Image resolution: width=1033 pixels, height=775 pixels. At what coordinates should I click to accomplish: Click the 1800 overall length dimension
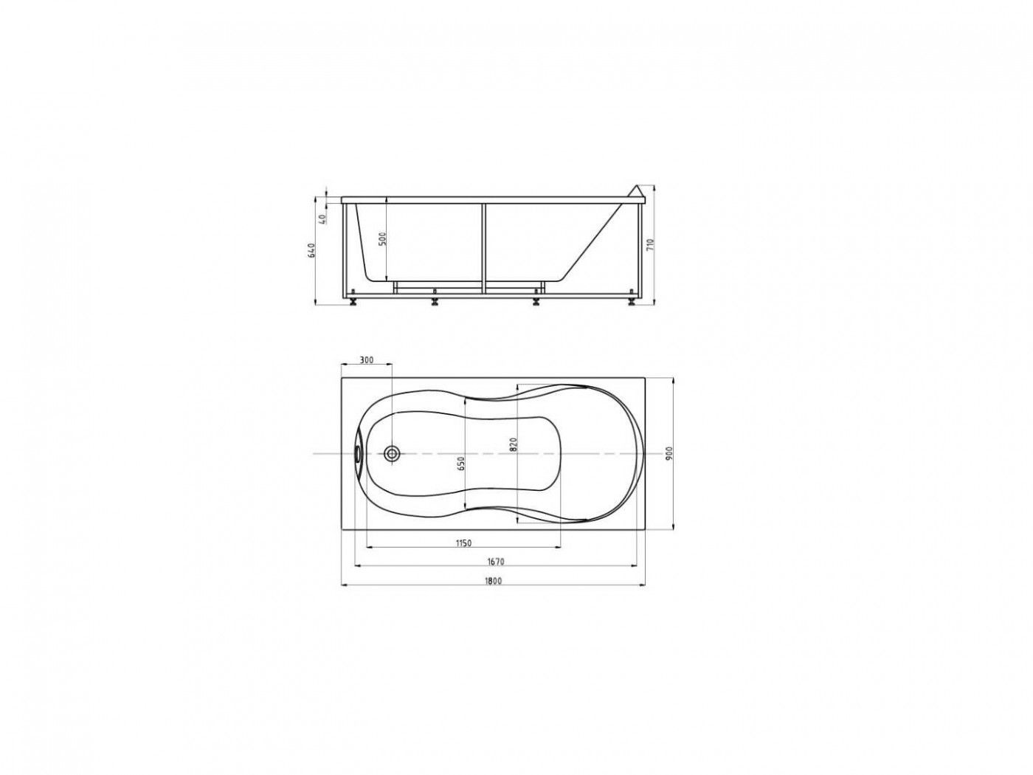coord(492,581)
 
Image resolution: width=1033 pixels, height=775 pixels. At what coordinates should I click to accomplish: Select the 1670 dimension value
coord(496,562)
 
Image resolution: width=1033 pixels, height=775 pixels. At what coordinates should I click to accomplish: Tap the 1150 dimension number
coord(463,543)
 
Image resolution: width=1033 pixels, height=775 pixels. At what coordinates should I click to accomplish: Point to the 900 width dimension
coord(669,452)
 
